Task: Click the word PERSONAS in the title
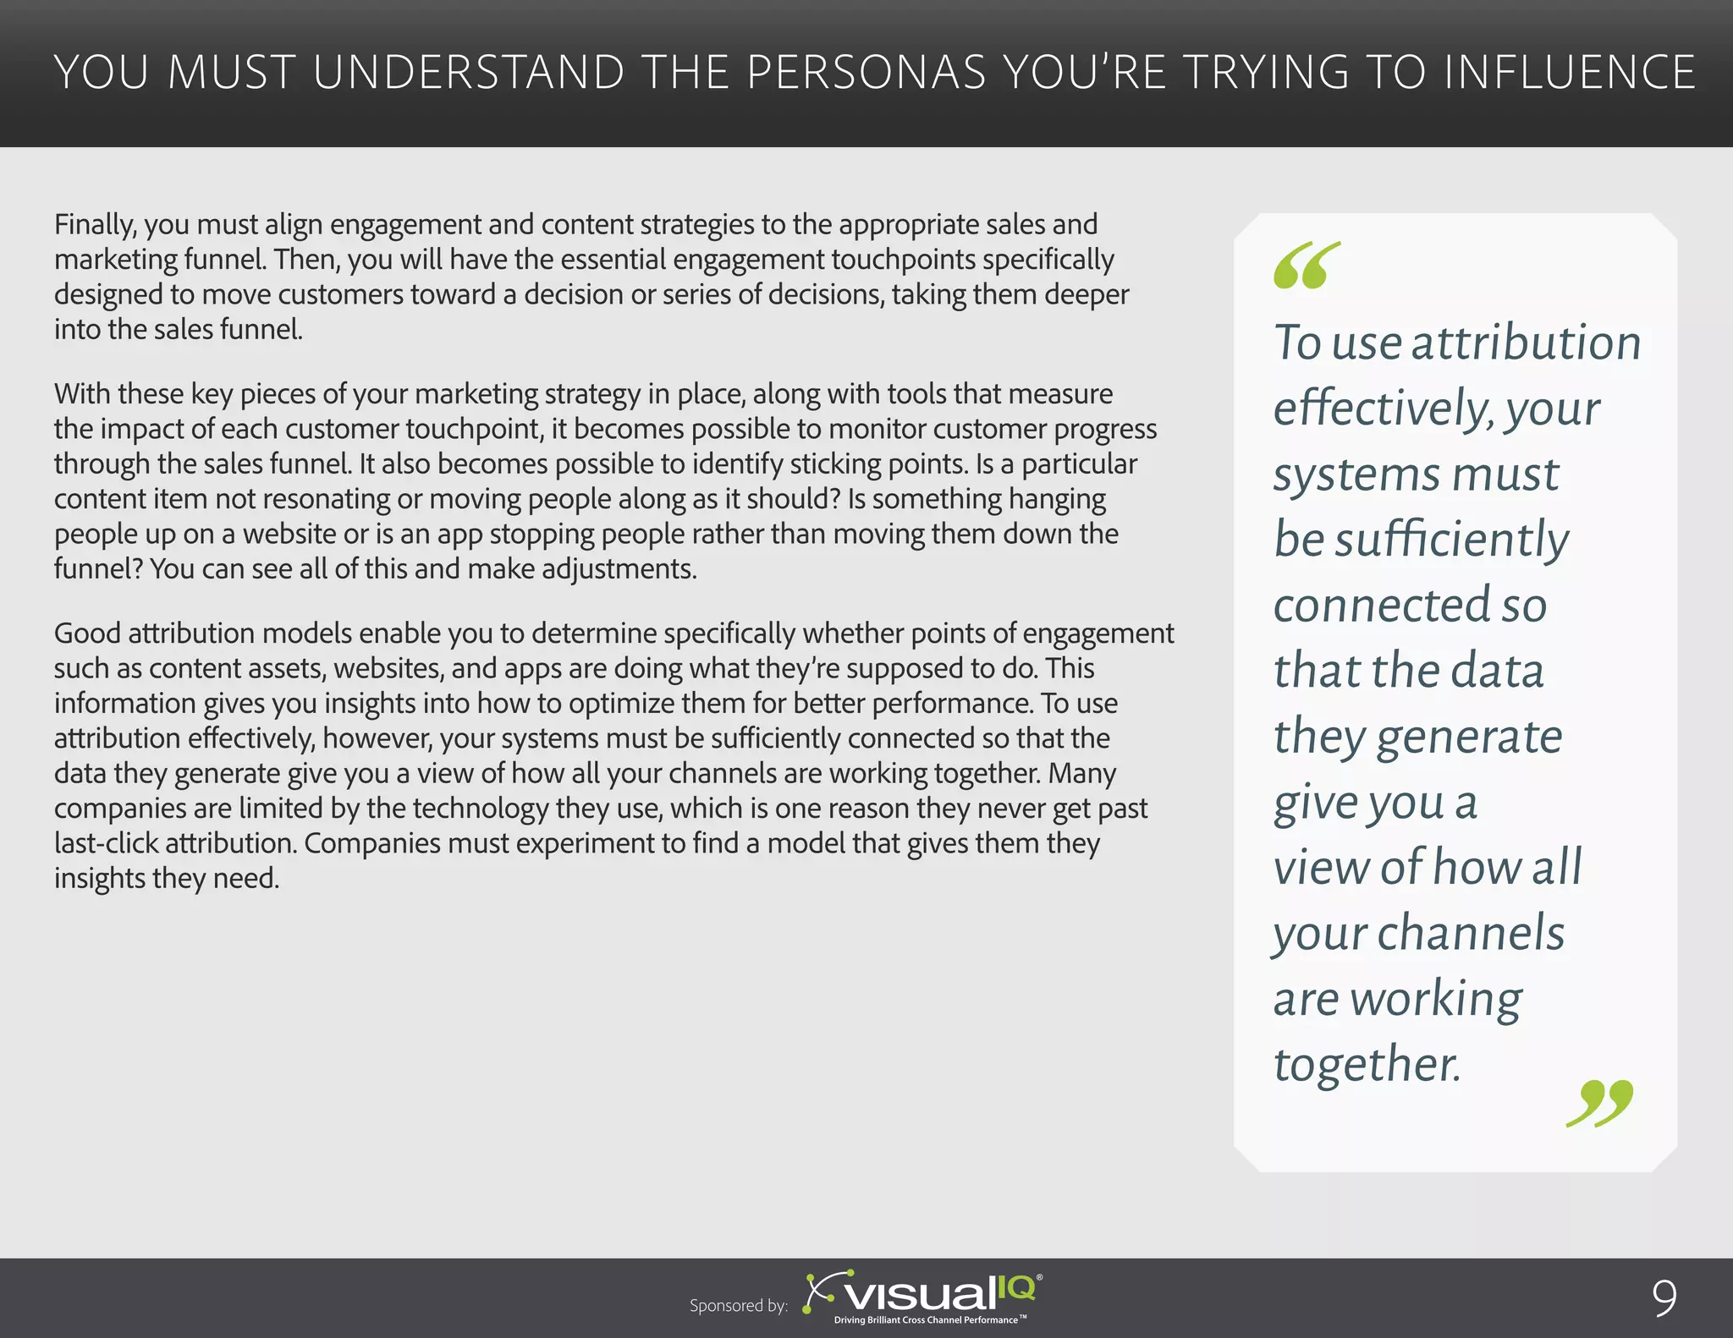point(866,72)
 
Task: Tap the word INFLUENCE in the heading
point(1570,72)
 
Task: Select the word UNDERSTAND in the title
point(468,72)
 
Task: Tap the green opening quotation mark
point(1307,266)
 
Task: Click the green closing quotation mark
point(1599,1103)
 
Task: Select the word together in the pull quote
point(1367,1064)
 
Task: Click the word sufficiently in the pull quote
point(1451,540)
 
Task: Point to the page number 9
point(1664,1298)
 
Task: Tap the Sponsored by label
point(738,1306)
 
